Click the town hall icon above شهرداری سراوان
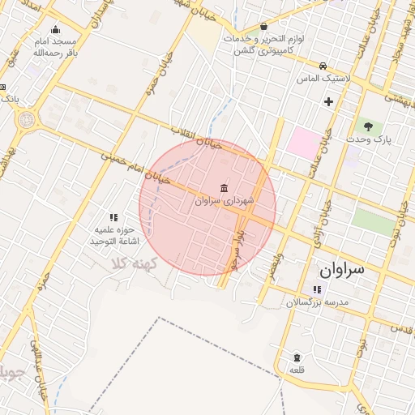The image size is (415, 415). tap(224, 188)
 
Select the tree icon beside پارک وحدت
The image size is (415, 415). tap(369, 126)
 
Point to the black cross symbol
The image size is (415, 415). tap(328, 101)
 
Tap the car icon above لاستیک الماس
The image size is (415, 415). tap(323, 66)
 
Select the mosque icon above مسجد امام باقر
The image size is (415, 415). tap(55, 30)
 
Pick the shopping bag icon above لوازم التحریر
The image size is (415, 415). tap(264, 26)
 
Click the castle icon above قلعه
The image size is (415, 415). tap(297, 357)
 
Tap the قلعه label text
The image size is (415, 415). tap(297, 370)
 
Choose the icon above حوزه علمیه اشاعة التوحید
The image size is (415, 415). tap(113, 217)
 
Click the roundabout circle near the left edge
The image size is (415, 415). tap(26, 122)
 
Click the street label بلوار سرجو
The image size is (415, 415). tap(235, 252)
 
